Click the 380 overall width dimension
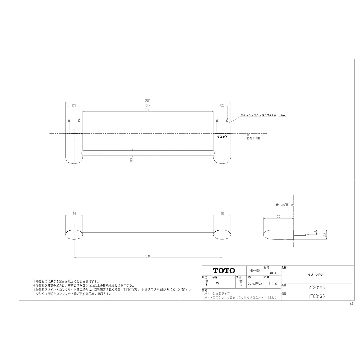[x=148, y=101]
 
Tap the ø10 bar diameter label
[x=131, y=160]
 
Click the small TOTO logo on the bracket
[x=222, y=137]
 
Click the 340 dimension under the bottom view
[x=148, y=256]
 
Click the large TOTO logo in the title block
[x=224, y=270]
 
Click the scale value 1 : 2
[x=273, y=284]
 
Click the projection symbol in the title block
[x=255, y=270]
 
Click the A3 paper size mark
[x=351, y=303]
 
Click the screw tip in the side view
[x=307, y=235]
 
